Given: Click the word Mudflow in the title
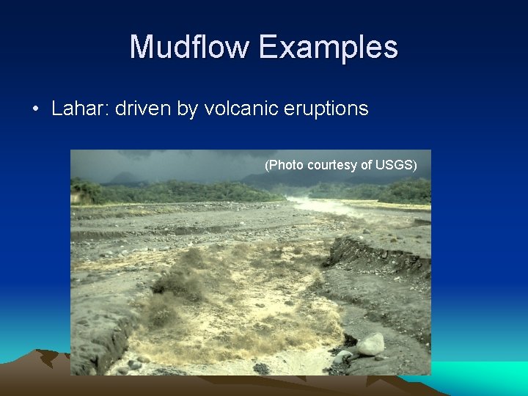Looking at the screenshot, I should click(190, 48).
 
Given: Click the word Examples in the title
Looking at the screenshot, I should click(328, 48).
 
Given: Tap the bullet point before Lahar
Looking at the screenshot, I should click(35, 110).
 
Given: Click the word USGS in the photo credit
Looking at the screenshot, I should click(396, 165).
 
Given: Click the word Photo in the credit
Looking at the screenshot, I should click(285, 165).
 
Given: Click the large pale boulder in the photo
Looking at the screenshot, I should click(370, 343).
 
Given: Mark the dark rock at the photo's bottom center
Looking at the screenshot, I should click(261, 368).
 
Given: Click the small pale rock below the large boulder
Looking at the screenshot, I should click(341, 357).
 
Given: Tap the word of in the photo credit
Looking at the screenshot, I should click(367, 165).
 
